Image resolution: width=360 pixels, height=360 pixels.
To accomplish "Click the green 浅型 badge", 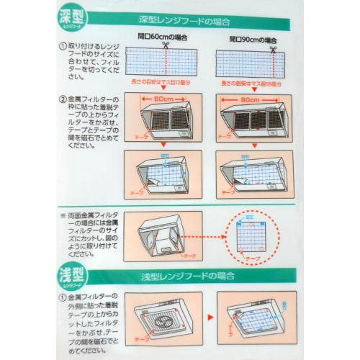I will click(x=74, y=274).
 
